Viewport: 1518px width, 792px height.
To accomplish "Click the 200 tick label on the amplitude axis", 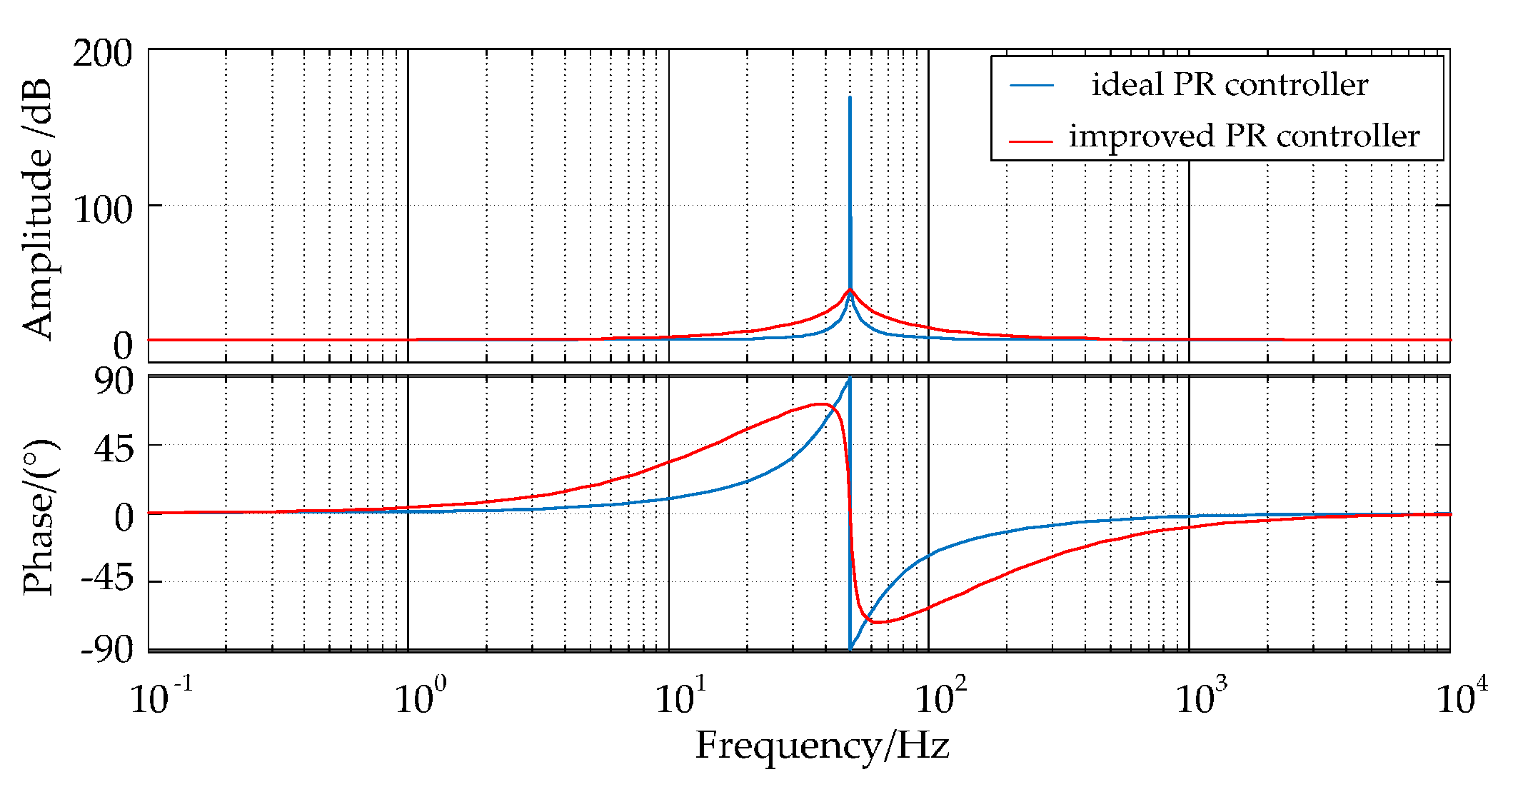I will click(102, 54).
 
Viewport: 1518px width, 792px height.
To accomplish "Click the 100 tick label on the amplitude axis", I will click(102, 210).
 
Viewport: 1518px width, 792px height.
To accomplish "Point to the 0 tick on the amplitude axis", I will click(122, 346).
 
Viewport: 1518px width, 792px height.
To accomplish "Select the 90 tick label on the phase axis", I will click(114, 381).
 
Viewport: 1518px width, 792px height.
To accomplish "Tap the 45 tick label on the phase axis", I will click(114, 449).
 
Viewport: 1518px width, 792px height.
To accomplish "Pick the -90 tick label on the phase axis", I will click(106, 649).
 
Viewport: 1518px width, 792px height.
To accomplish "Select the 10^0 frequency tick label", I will click(421, 696).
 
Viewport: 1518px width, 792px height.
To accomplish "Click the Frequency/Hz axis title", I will click(823, 746).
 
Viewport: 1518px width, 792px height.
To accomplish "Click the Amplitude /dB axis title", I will click(37, 209).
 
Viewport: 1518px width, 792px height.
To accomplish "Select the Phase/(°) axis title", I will click(39, 518).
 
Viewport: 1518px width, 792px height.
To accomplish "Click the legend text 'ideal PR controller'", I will click(1230, 85).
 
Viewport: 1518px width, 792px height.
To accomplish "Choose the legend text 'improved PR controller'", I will click(1244, 136).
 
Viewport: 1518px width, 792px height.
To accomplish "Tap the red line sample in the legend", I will click(1031, 141).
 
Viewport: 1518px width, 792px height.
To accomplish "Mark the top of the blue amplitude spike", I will click(850, 98).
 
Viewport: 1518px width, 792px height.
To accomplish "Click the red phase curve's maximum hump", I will click(821, 404).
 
